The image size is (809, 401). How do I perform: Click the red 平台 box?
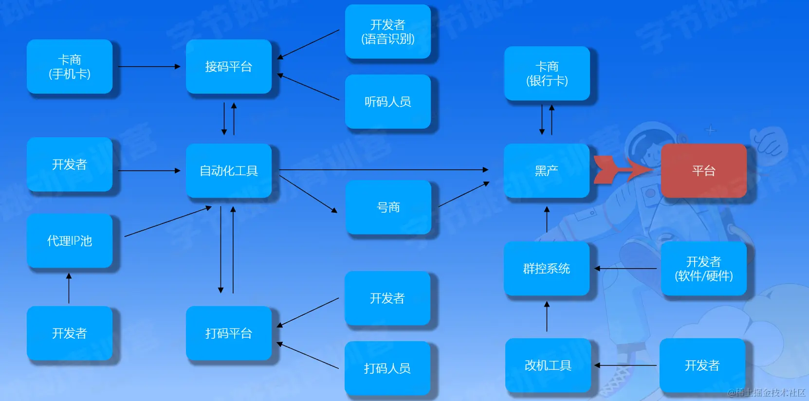tap(703, 170)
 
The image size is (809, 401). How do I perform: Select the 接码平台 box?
tap(228, 67)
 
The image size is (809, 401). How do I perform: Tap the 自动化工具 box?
tap(228, 170)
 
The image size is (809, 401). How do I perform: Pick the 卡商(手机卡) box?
tap(70, 67)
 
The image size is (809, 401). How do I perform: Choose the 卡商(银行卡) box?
tap(547, 73)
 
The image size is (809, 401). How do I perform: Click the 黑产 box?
tap(547, 170)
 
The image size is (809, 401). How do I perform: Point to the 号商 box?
tap(388, 207)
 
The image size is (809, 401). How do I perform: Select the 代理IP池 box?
tap(70, 240)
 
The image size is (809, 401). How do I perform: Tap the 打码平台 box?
tap(228, 333)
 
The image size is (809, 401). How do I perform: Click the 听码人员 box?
tap(388, 101)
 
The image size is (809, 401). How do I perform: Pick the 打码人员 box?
tap(387, 368)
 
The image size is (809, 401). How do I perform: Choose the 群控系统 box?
tap(547, 268)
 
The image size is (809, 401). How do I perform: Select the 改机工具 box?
tap(548, 365)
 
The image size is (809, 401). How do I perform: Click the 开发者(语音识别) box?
tap(388, 32)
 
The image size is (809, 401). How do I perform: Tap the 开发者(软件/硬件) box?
tap(703, 268)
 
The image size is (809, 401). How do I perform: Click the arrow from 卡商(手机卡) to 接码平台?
tap(149, 67)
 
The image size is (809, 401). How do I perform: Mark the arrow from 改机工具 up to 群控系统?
tap(547, 317)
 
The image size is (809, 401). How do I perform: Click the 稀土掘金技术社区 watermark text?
tap(766, 392)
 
